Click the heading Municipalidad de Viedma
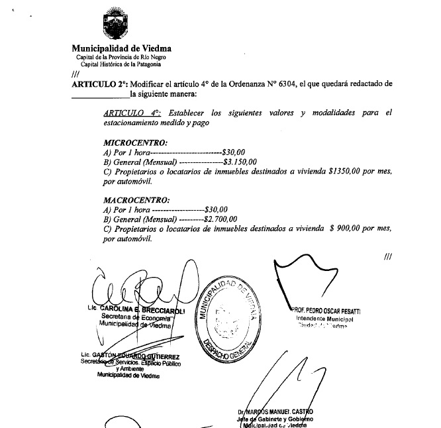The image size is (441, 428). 121,48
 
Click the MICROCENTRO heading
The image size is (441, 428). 135,142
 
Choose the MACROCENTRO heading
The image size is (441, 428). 136,199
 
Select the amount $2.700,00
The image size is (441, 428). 220,218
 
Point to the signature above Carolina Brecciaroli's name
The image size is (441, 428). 139,288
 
